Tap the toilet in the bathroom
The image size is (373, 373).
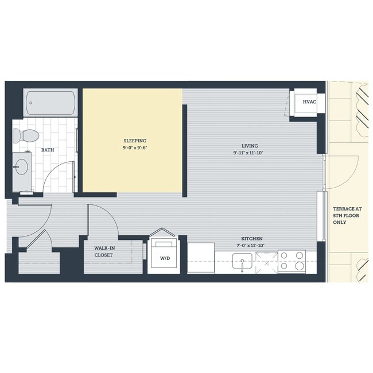click(x=26, y=136)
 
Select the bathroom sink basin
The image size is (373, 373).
click(x=22, y=167)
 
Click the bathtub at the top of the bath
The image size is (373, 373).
click(x=51, y=103)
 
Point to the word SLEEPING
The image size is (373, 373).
click(x=135, y=141)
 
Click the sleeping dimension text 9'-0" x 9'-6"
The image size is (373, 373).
click(x=135, y=147)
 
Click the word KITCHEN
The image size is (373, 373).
click(x=251, y=239)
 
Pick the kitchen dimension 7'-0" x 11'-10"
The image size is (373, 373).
click(x=251, y=246)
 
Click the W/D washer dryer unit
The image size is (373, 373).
click(x=164, y=258)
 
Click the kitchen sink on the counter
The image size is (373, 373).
click(x=243, y=263)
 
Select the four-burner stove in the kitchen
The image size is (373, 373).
click(x=292, y=261)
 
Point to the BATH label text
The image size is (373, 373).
click(x=48, y=150)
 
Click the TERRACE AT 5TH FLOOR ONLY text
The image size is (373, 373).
click(x=348, y=216)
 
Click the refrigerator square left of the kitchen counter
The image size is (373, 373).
click(x=201, y=258)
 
